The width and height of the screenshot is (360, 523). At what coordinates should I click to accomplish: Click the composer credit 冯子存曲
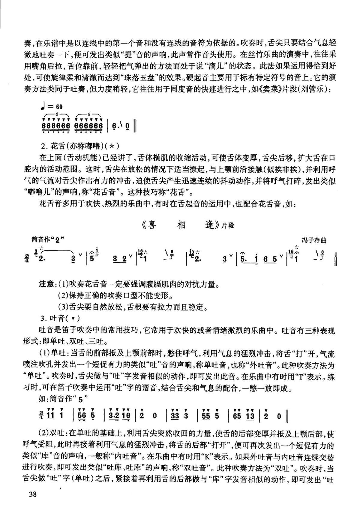coord(314,240)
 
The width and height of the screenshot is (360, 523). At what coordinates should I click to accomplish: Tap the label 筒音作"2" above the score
coord(48,240)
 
